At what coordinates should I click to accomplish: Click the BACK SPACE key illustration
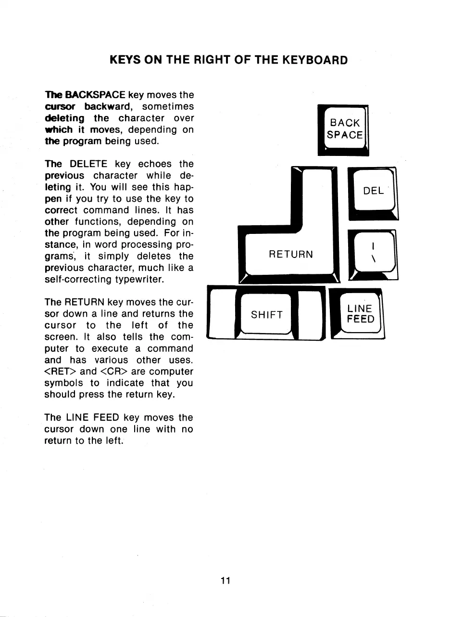[343, 129]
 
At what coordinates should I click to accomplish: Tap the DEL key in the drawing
[373, 191]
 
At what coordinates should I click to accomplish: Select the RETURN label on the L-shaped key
[291, 254]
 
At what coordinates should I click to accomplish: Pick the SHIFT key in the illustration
[267, 315]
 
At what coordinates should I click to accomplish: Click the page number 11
[225, 580]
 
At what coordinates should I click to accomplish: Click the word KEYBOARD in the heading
[314, 60]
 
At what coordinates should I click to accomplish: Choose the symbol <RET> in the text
[60, 372]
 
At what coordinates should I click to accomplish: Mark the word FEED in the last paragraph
[106, 418]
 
